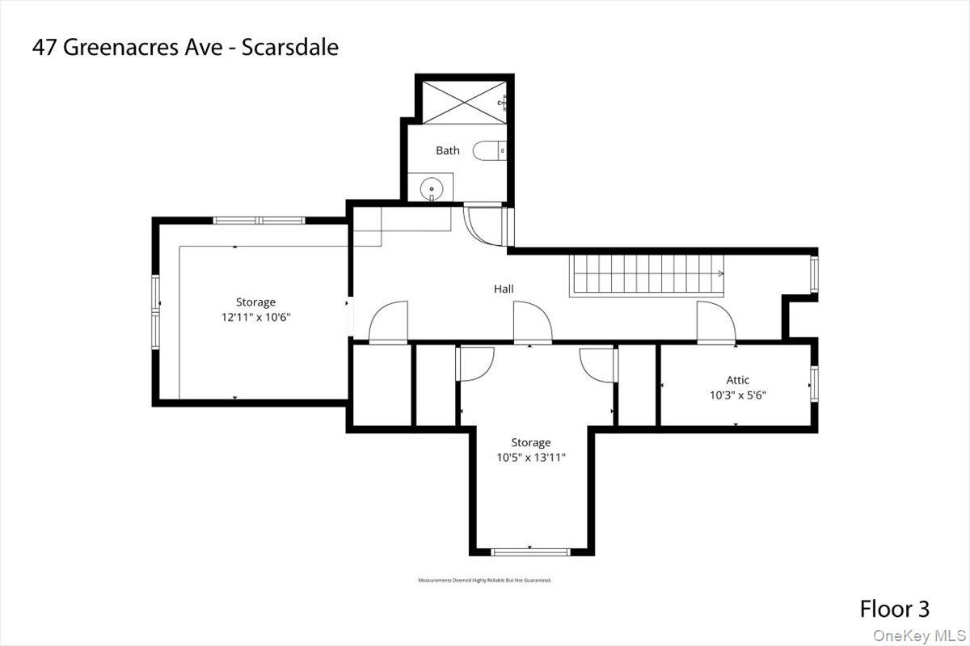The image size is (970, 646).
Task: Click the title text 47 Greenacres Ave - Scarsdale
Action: pos(185,47)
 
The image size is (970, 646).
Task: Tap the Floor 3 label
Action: pos(894,609)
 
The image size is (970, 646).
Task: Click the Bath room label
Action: pos(448,150)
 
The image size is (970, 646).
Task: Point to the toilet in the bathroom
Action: pos(489,150)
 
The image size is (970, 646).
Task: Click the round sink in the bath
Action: pos(432,188)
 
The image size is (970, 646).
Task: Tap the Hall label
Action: pos(504,289)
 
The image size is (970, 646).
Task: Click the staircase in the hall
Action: pos(647,275)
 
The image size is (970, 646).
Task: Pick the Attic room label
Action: pos(737,380)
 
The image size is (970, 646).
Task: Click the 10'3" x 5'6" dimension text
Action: pos(737,396)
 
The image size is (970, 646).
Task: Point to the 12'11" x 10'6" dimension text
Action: pos(255,318)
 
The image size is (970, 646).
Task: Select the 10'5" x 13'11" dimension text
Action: pos(531,458)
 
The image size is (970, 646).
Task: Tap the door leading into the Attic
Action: pos(716,322)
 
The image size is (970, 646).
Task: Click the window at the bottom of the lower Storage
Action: pos(531,552)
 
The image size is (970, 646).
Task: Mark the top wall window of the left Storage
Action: pos(259,220)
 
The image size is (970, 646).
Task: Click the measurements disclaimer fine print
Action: pos(484,581)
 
